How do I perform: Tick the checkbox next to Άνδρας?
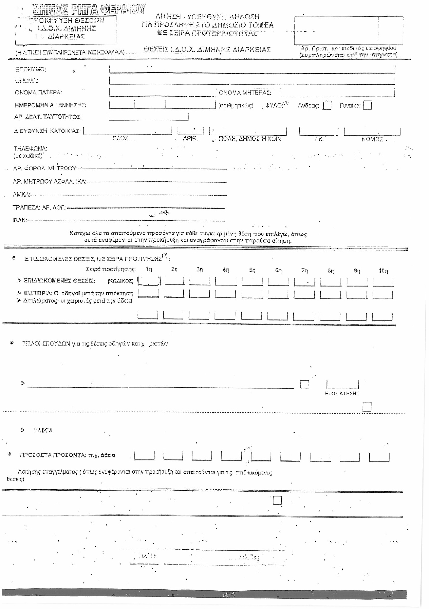coord(327,106)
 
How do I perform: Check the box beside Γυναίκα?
coord(367,106)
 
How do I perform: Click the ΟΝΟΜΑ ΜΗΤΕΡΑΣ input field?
coord(337,93)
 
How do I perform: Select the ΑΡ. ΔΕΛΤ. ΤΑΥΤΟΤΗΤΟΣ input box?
coord(149,116)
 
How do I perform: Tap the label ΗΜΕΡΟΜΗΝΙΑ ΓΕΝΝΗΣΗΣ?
coord(50,105)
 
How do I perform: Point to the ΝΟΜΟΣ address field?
coord(372,132)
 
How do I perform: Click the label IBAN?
coord(20,220)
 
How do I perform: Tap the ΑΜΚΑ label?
coord(21,195)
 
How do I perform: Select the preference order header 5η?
coord(252,270)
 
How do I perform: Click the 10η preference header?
coord(383,271)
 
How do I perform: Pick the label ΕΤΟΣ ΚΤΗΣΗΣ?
coord(341,394)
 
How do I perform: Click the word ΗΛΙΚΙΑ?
coord(43,430)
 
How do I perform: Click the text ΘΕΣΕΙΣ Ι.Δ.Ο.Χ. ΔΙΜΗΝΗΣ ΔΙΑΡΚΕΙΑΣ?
coord(207,50)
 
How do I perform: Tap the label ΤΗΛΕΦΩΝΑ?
coord(30,148)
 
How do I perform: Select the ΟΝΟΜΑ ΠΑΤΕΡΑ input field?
coord(162,93)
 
